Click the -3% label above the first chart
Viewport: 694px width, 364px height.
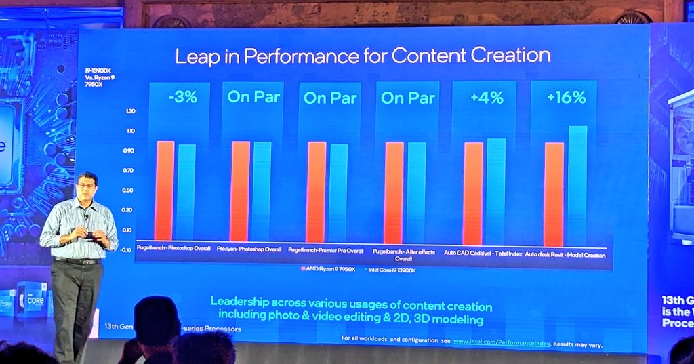click(x=182, y=97)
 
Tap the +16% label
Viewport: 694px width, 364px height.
click(x=565, y=98)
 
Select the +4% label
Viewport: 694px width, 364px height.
click(x=487, y=98)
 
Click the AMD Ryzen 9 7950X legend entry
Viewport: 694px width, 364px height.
click(x=326, y=269)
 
